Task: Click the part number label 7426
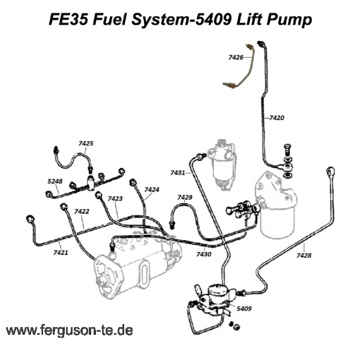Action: (x=235, y=58)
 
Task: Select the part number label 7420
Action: (x=277, y=118)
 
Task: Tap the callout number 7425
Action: (x=86, y=143)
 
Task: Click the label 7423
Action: (x=115, y=198)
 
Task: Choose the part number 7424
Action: (x=151, y=190)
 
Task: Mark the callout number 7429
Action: (x=184, y=197)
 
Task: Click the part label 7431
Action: (x=178, y=173)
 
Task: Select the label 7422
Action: (x=82, y=211)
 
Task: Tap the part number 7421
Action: (x=60, y=253)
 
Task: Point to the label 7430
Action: (x=204, y=254)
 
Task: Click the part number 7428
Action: (x=304, y=255)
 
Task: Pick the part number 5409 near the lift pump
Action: (x=244, y=308)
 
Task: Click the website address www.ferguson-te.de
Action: (x=69, y=331)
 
